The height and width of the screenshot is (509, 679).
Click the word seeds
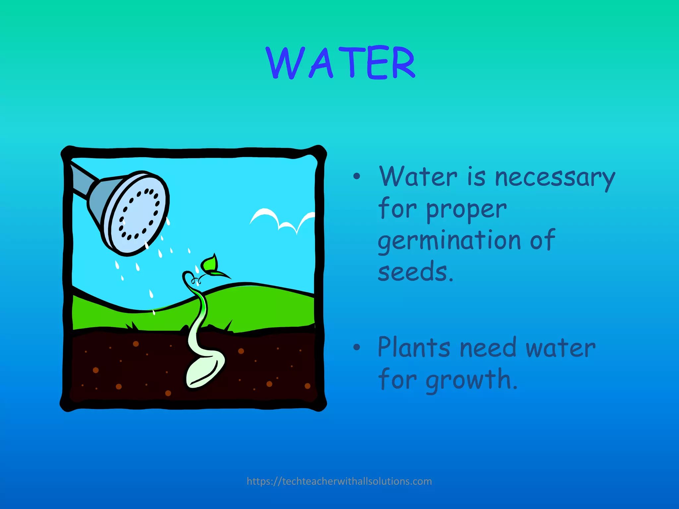[415, 272]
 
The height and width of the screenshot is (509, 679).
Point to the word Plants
[414, 348]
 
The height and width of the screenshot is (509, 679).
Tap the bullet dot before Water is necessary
[356, 176]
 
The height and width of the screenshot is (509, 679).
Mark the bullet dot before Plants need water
[356, 347]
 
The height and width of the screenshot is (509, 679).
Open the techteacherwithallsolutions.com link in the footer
[339, 481]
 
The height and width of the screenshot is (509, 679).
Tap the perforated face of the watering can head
[139, 214]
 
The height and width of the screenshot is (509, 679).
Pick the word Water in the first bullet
[418, 177]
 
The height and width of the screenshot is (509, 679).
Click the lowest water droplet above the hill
[154, 312]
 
